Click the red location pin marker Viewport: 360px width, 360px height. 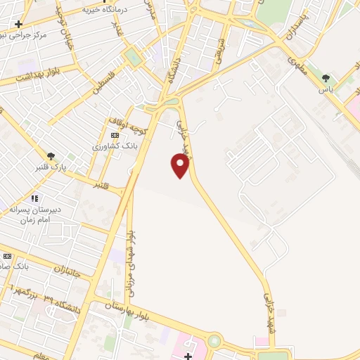click(x=181, y=165)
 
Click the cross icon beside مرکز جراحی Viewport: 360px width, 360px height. click(x=19, y=23)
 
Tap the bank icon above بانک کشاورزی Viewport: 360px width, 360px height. click(x=115, y=135)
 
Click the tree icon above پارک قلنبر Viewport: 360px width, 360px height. click(x=51, y=156)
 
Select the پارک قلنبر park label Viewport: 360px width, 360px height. click(x=48, y=167)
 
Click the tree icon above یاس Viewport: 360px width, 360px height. click(x=326, y=78)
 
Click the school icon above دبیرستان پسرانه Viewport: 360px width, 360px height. click(x=34, y=198)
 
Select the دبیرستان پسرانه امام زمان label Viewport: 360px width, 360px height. click(x=39, y=214)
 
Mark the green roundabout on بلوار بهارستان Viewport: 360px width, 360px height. click(x=214, y=342)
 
